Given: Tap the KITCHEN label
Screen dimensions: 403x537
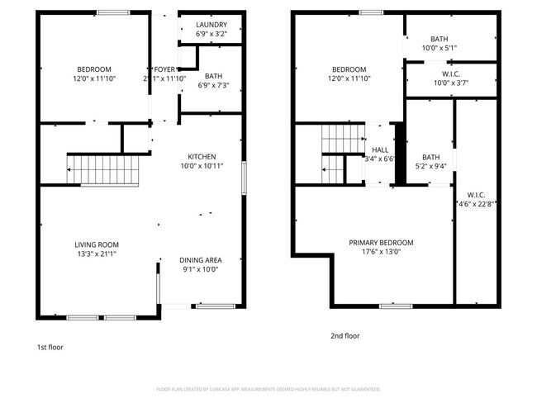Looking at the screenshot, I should coord(202,156).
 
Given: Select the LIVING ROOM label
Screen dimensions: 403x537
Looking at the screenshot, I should coord(97,244).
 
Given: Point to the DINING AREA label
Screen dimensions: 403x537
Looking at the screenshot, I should coord(202,259).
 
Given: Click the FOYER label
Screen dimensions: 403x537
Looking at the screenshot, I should coord(165,69).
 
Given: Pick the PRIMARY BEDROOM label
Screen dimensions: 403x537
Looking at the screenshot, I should coord(381,242).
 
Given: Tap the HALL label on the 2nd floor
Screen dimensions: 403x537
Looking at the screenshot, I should coord(381,149).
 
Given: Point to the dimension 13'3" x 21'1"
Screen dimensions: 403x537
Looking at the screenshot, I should coord(97,254).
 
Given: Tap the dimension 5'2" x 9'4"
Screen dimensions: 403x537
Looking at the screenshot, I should coord(431,166).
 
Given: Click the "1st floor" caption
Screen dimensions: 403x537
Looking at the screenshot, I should coord(50,348).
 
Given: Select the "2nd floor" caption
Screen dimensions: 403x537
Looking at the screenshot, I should coord(345,336).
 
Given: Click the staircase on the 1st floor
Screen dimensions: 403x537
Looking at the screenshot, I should coord(104,170).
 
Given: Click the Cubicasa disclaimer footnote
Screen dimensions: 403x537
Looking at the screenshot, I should coord(268,389).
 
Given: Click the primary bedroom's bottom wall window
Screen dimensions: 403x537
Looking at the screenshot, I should coord(396,306).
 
